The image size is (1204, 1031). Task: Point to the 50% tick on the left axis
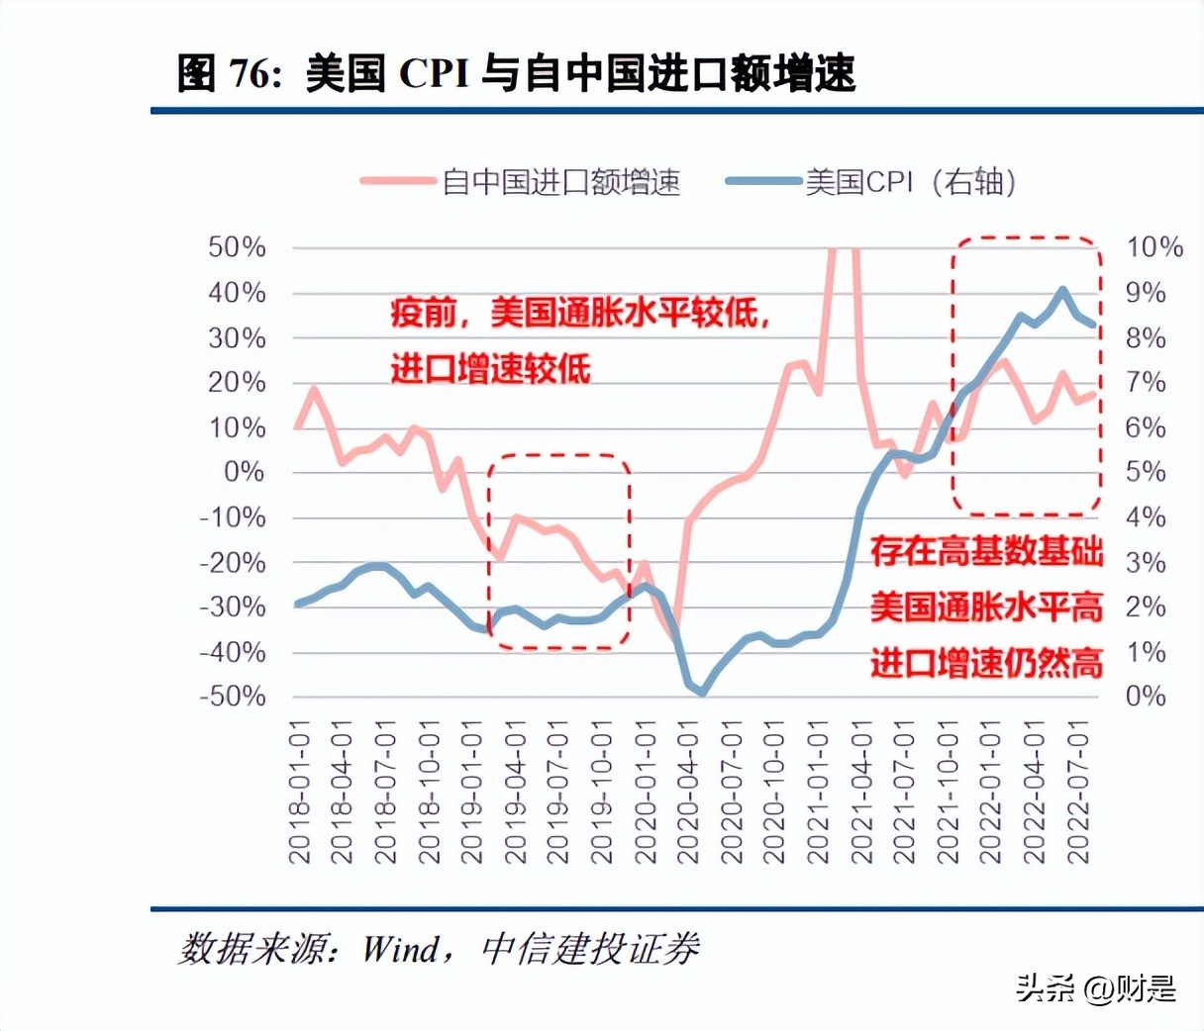point(237,247)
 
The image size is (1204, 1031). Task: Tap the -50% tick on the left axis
point(232,697)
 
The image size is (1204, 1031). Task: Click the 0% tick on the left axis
point(244,472)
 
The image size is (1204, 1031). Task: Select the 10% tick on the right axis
point(1154,247)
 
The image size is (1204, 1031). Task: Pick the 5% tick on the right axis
point(1146,472)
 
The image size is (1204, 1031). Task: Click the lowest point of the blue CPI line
point(702,693)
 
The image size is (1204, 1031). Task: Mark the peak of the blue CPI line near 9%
point(1062,290)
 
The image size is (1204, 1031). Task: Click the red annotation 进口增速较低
point(490,369)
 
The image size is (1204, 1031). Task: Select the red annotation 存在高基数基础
point(986,551)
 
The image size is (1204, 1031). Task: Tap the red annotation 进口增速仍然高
point(986,663)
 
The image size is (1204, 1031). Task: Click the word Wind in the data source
point(400,950)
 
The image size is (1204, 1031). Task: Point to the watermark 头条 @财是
point(1095,987)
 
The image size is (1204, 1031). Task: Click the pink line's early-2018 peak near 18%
point(314,389)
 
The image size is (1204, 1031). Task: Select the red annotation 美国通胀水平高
point(986,607)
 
